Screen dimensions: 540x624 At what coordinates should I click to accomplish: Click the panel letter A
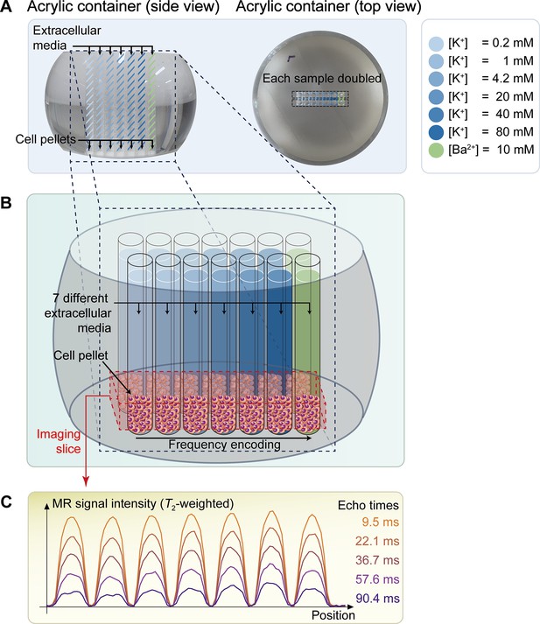pyautogui.click(x=6, y=7)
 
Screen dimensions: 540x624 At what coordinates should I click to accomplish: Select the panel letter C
pyautogui.click(x=6, y=502)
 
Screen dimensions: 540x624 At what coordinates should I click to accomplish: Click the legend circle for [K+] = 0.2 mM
pyautogui.click(x=436, y=44)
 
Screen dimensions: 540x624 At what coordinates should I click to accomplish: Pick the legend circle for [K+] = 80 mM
pyautogui.click(x=436, y=132)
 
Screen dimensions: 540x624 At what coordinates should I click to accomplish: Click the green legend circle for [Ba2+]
pyautogui.click(x=436, y=151)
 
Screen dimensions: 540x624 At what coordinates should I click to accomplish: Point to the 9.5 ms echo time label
pyautogui.click(x=380, y=522)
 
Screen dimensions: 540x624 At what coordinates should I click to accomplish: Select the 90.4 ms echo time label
pyautogui.click(x=377, y=598)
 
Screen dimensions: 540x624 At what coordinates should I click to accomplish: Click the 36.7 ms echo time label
pyautogui.click(x=377, y=560)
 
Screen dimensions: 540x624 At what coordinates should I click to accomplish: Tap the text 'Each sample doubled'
pyautogui.click(x=322, y=79)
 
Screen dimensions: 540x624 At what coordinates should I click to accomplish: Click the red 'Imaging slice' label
pyautogui.click(x=59, y=441)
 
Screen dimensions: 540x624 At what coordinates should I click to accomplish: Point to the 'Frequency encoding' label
pyautogui.click(x=224, y=445)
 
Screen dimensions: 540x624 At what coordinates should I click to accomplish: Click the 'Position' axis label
pyautogui.click(x=333, y=615)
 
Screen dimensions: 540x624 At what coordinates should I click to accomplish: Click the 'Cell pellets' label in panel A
pyautogui.click(x=46, y=139)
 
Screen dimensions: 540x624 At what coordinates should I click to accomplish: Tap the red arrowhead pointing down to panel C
pyautogui.click(x=86, y=481)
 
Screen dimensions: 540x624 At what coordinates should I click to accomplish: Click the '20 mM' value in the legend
pyautogui.click(x=515, y=96)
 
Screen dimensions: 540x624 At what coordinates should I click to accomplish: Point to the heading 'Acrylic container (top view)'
pyautogui.click(x=329, y=7)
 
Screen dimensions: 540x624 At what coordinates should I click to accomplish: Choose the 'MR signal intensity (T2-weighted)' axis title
pyautogui.click(x=143, y=504)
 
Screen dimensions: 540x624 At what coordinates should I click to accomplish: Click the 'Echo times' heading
pyautogui.click(x=368, y=505)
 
